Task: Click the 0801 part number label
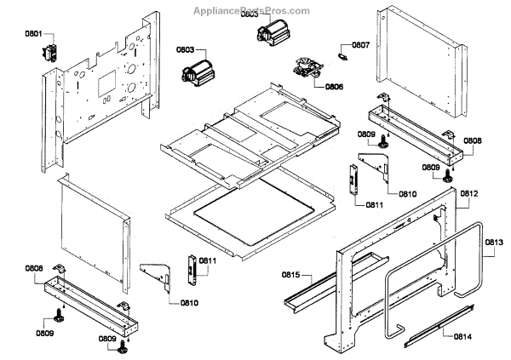coord(33,34)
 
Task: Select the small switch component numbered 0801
coord(49,51)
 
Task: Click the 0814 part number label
coord(463,336)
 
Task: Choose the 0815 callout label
coord(291,275)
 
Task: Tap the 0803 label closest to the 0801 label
coord(187,49)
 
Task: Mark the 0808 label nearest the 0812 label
coord(472,140)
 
